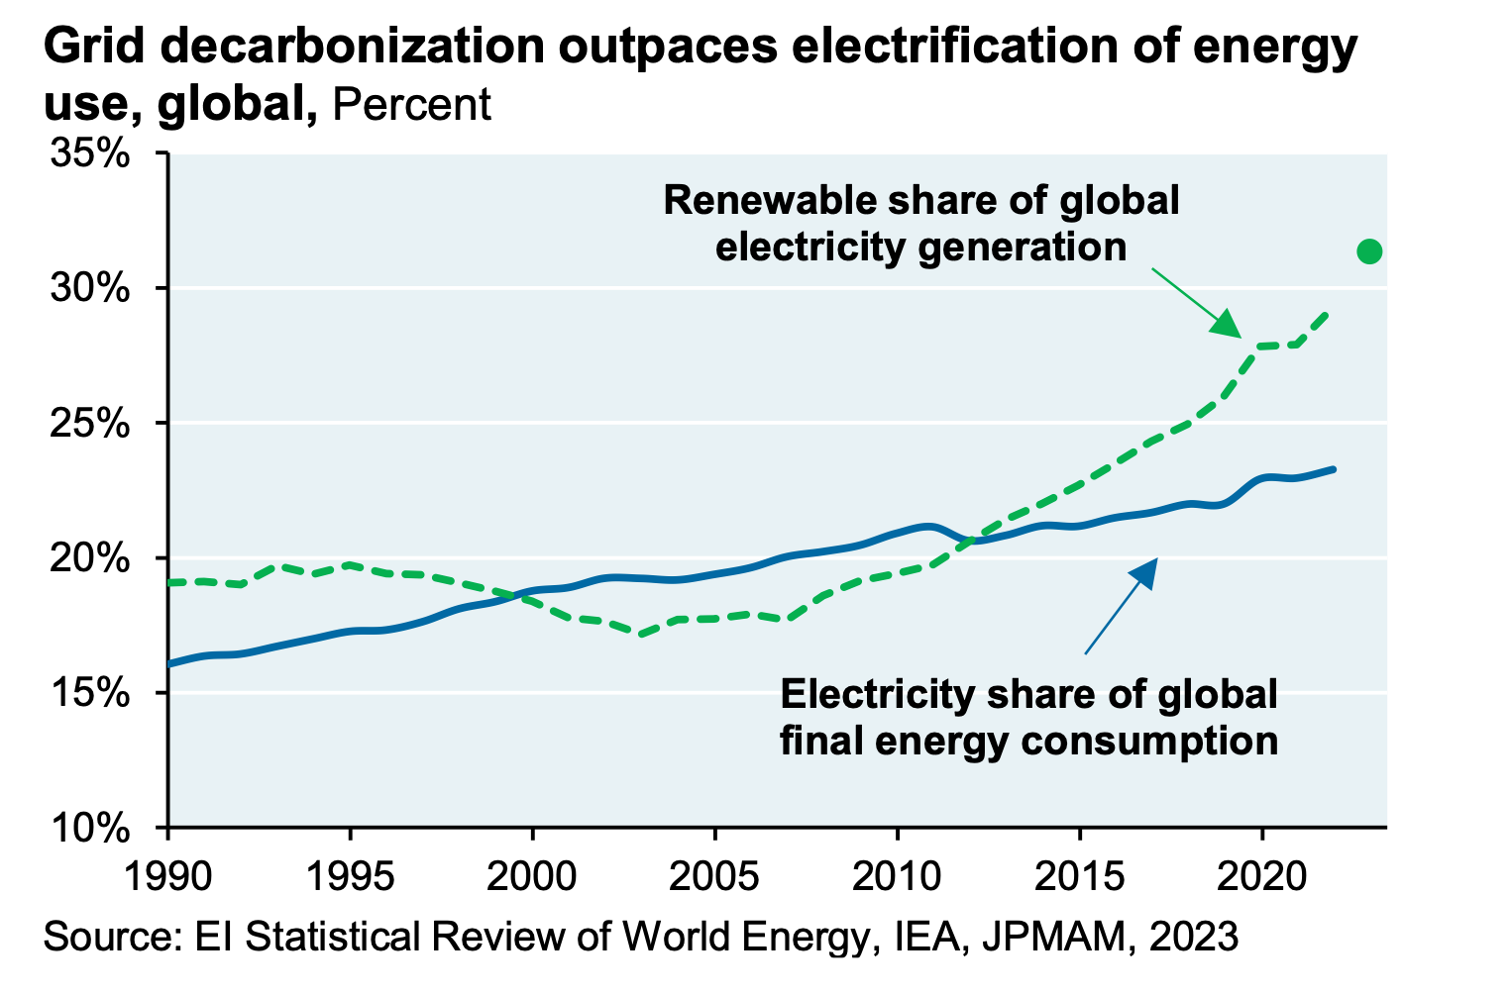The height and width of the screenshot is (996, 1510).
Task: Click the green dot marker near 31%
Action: (x=1369, y=251)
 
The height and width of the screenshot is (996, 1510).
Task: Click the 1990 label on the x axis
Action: (x=168, y=876)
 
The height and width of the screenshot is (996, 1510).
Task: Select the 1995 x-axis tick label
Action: (x=351, y=876)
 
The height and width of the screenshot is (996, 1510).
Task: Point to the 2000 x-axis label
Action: (x=533, y=876)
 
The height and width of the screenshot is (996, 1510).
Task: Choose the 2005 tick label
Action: (x=715, y=876)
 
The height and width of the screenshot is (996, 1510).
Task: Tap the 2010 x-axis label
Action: (x=898, y=876)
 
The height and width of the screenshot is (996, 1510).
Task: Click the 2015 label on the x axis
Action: (x=1080, y=876)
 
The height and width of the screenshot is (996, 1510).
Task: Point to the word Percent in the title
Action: (x=411, y=105)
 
